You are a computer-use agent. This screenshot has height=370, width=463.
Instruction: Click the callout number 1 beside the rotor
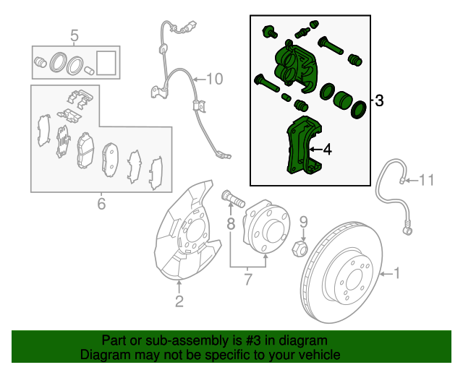396,273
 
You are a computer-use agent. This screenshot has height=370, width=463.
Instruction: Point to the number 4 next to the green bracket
327,150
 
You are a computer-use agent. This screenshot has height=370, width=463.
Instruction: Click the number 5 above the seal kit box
73,35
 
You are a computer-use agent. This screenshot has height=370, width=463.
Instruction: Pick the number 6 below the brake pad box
101,205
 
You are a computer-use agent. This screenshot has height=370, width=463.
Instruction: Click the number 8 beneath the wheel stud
231,224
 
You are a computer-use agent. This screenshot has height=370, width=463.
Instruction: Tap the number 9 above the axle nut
304,222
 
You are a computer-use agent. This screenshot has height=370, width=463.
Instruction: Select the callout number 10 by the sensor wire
216,78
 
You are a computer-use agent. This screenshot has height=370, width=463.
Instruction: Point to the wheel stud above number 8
231,197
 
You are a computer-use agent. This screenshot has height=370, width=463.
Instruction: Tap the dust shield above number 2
184,231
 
